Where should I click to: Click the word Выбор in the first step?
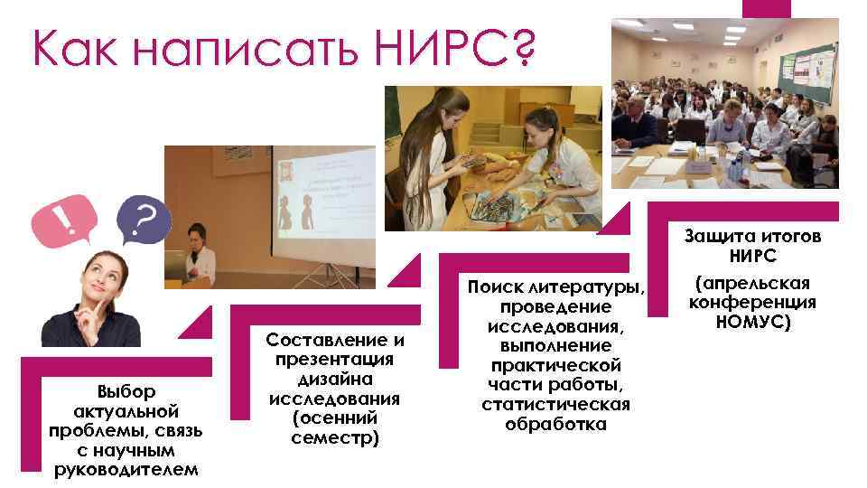126,391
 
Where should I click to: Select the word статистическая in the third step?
555,404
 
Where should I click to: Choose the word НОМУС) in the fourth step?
752,321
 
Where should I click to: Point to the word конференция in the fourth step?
752,302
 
